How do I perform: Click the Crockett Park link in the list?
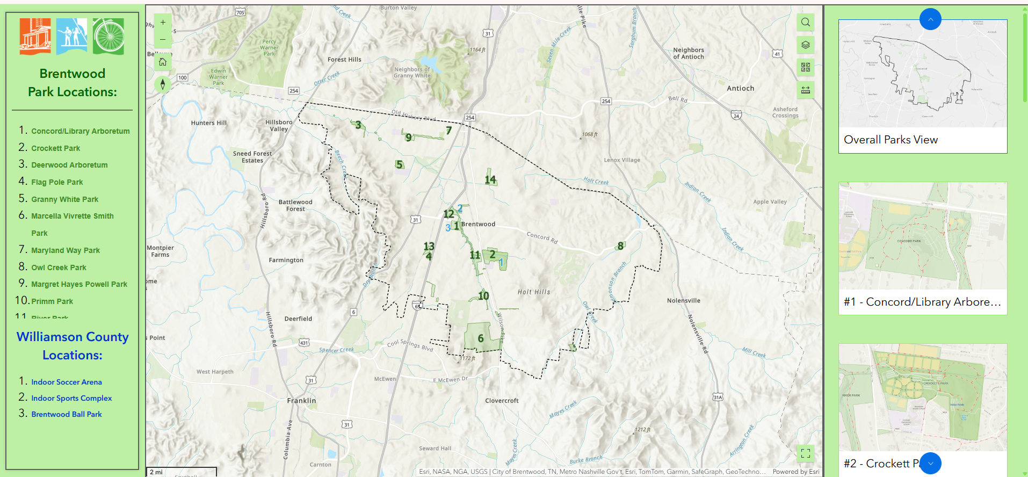55,148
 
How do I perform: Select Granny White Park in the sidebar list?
64,199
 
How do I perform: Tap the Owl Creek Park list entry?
59,268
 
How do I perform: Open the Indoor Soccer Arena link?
67,382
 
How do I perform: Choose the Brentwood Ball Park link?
67,414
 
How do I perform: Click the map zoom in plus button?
163,23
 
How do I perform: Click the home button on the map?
163,62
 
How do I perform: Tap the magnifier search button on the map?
806,23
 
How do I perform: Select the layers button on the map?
806,45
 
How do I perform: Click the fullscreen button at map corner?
806,453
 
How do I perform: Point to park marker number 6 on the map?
481,338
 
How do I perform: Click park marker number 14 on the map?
490,179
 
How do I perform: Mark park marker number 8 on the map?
620,246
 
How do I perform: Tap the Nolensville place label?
683,301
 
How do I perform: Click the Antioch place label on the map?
740,89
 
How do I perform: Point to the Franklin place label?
301,401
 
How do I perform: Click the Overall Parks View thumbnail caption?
891,140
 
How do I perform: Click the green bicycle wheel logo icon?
108,37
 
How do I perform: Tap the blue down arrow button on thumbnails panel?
930,463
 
